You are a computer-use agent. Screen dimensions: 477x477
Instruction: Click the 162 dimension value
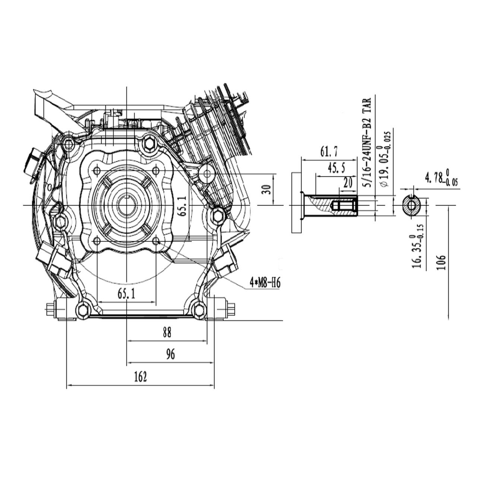click(140, 377)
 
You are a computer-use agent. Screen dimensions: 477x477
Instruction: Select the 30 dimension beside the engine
click(266, 189)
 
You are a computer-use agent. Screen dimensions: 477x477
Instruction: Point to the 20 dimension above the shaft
click(347, 183)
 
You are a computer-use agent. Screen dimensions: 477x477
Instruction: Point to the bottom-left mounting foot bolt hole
click(82, 309)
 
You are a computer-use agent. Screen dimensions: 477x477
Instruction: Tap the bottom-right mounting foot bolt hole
click(198, 309)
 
